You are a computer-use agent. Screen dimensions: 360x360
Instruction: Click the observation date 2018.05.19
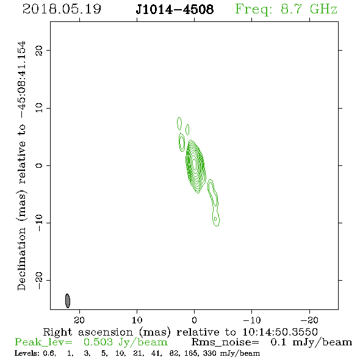click(x=62, y=9)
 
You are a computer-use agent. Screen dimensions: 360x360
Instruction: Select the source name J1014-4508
click(x=175, y=9)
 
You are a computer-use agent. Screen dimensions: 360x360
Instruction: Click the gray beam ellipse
click(x=68, y=301)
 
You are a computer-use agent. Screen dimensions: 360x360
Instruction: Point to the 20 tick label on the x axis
click(x=79, y=320)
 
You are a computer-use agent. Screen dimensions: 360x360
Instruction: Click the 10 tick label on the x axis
click(x=137, y=320)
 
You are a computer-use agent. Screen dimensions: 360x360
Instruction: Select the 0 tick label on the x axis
click(x=194, y=320)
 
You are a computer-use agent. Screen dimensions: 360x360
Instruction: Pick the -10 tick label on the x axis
click(x=251, y=320)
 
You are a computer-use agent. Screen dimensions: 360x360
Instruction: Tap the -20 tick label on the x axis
click(x=309, y=320)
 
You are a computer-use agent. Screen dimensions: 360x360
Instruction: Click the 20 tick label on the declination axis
click(x=39, y=50)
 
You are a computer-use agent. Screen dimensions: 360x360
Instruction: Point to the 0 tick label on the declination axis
click(x=39, y=165)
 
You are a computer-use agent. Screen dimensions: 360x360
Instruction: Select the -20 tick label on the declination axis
click(x=39, y=281)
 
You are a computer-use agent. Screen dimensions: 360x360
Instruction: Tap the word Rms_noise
click(x=225, y=342)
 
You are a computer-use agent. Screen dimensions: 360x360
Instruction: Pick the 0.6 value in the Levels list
click(x=49, y=353)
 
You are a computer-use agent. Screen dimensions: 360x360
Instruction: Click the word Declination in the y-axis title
click(x=21, y=259)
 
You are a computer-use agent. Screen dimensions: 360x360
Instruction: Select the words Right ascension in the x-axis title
click(x=88, y=332)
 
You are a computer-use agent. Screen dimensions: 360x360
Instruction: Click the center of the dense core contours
click(x=195, y=164)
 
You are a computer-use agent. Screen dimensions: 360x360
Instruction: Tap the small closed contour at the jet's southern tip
click(x=215, y=218)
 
